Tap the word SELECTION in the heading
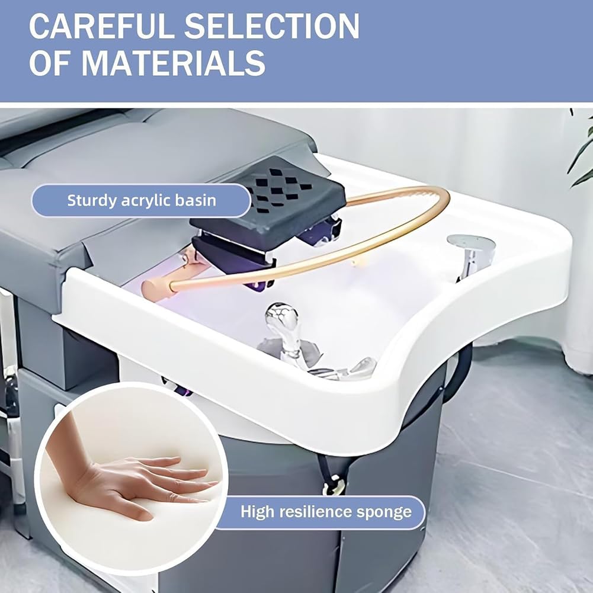coord(271,26)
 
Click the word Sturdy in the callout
coord(91,200)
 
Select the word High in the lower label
coord(258,512)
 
